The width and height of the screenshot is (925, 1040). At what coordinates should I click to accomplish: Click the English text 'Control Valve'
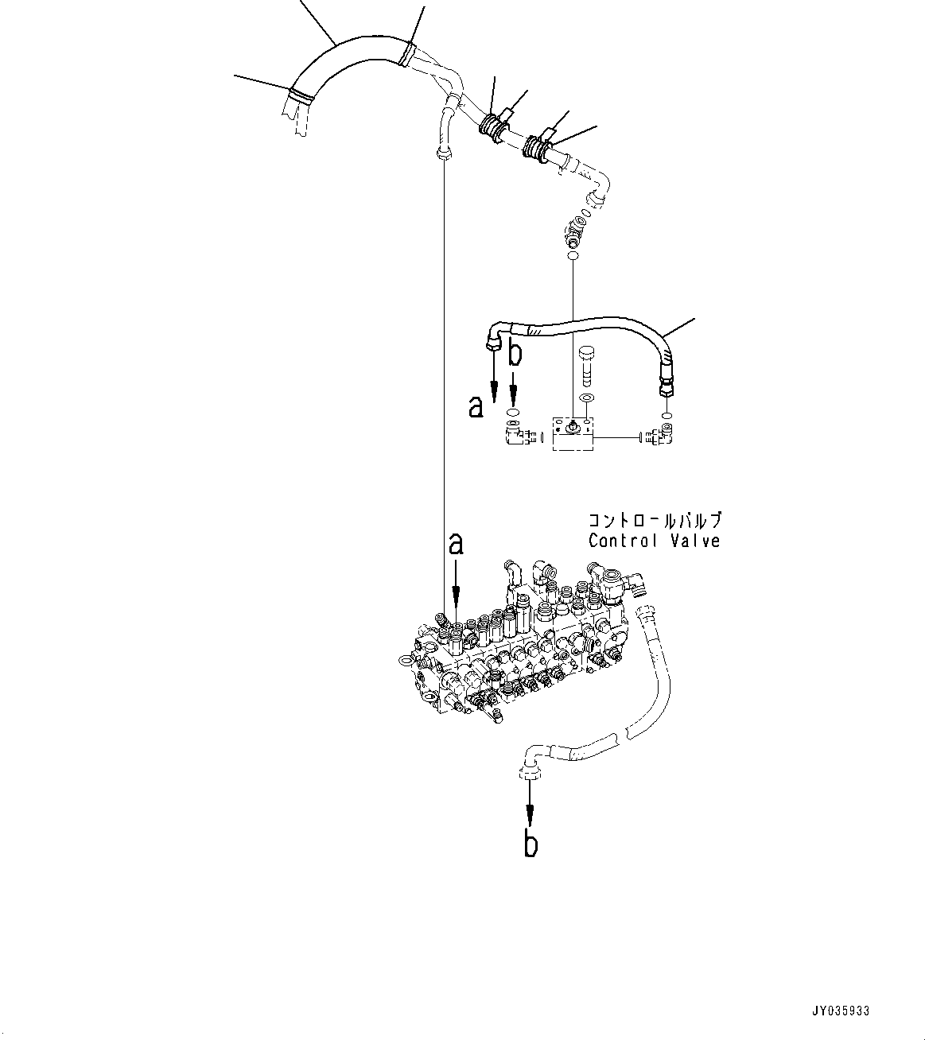(x=654, y=541)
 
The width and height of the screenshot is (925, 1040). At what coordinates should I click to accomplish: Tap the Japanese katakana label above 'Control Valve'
(x=654, y=522)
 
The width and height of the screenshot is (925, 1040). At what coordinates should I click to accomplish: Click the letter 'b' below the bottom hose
(x=531, y=844)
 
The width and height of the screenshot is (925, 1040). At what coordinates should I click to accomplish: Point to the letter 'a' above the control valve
(x=456, y=544)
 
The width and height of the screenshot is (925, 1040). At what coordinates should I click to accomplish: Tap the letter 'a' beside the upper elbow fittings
(x=476, y=407)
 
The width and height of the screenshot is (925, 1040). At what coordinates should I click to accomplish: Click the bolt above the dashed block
(x=588, y=362)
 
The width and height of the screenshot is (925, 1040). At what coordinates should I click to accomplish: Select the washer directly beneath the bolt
(x=588, y=398)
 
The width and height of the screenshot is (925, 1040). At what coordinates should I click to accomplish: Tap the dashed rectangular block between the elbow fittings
(x=573, y=433)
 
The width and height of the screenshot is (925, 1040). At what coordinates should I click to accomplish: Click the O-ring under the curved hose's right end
(x=666, y=415)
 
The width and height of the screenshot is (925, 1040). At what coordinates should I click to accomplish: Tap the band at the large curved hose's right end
(x=406, y=53)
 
